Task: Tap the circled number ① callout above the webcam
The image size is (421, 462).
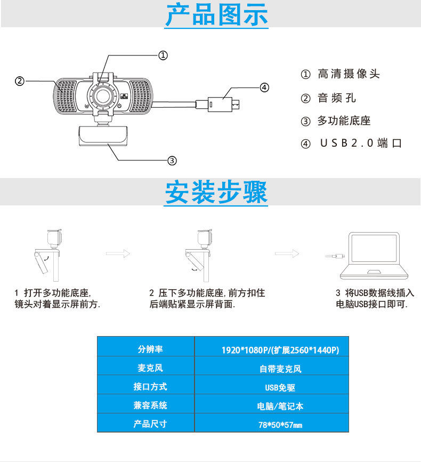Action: click(163, 55)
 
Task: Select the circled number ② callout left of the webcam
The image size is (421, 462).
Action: click(19, 81)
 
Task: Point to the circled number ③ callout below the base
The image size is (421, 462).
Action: click(172, 160)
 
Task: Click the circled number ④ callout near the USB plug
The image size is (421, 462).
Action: click(264, 87)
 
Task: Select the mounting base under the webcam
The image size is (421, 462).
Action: click(103, 136)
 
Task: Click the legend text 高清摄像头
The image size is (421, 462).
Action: click(349, 74)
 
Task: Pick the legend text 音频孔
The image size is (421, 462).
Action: click(336, 98)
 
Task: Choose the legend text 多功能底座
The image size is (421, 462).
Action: click(344, 121)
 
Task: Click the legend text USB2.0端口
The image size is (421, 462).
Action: click(360, 144)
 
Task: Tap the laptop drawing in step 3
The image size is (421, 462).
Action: click(374, 256)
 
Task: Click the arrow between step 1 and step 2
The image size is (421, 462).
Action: click(118, 254)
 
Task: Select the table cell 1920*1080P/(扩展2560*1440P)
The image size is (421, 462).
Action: click(280, 350)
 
